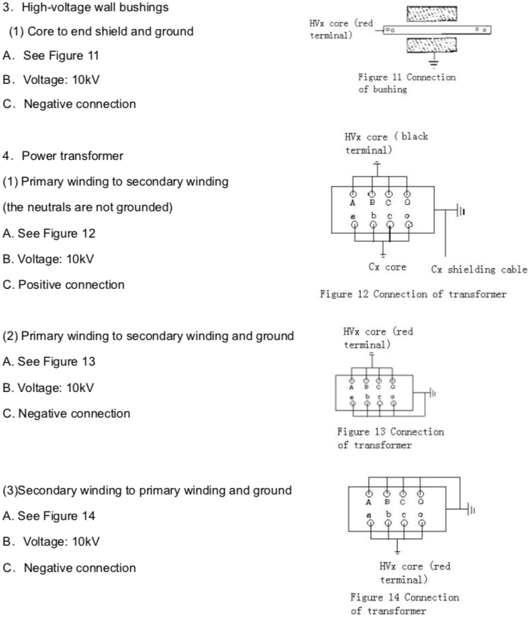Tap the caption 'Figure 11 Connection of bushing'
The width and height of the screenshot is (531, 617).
point(407,84)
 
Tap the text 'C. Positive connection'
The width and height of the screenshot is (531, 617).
point(63,285)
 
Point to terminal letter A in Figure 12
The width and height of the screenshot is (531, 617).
point(354,201)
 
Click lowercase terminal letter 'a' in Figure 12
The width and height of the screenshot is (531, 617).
point(354,213)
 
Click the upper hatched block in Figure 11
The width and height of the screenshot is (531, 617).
point(431,15)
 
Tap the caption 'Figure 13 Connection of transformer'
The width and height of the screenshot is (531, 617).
point(390,438)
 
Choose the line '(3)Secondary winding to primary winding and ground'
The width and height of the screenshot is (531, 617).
point(147,490)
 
